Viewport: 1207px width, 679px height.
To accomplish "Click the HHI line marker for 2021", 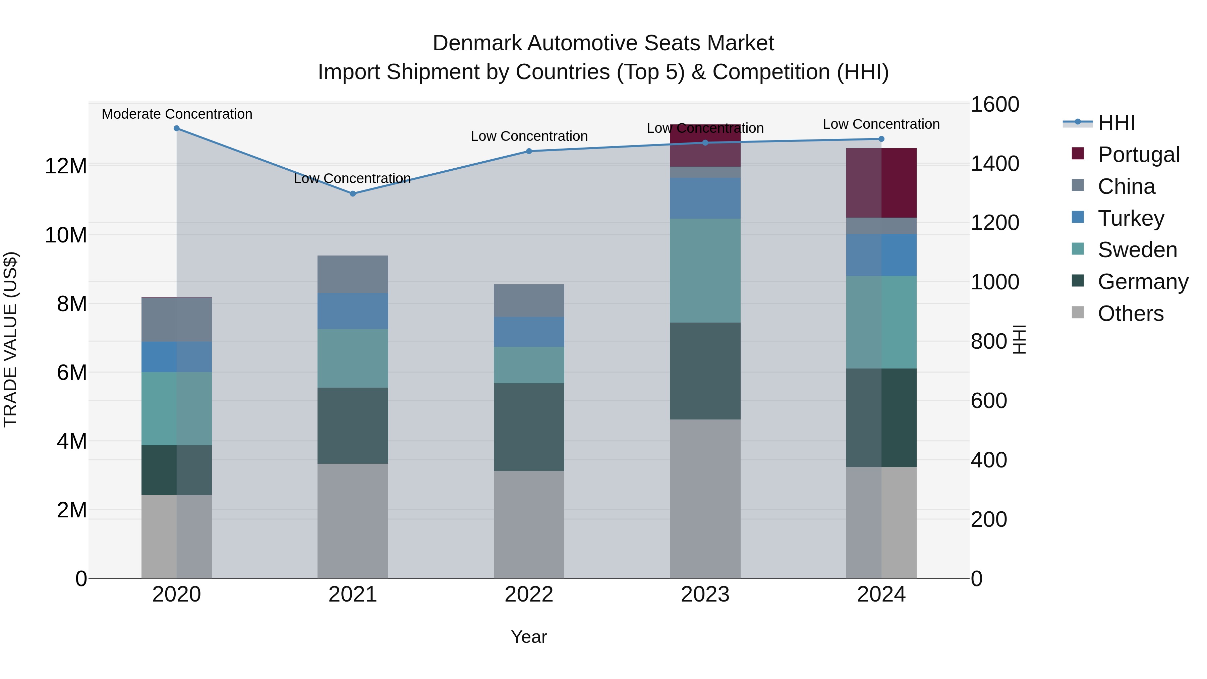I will pos(353,193).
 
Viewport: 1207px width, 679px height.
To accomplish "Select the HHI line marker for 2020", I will pos(177,128).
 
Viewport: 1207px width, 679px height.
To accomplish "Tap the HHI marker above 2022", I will pos(529,151).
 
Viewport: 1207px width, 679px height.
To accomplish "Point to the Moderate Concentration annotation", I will pos(177,114).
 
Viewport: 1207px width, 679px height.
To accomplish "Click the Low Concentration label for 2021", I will pos(352,178).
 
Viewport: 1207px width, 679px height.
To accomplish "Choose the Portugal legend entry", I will pos(1138,155).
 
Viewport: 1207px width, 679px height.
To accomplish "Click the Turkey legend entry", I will pos(1131,218).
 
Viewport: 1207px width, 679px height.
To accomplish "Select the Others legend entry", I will pos(1130,314).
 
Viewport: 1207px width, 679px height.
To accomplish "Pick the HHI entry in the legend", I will pos(1116,123).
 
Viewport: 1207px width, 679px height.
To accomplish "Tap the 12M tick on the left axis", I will pos(66,166).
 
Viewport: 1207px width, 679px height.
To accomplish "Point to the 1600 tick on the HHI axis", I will pos(994,105).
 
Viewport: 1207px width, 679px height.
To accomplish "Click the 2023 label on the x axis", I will pos(705,595).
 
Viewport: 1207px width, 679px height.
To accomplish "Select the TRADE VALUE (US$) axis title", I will pos(11,339).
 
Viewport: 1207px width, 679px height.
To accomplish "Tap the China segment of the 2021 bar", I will pos(353,274).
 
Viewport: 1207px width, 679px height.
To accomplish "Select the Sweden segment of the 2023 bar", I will pos(705,270).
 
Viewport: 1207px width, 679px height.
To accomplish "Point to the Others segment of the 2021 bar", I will pos(353,521).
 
